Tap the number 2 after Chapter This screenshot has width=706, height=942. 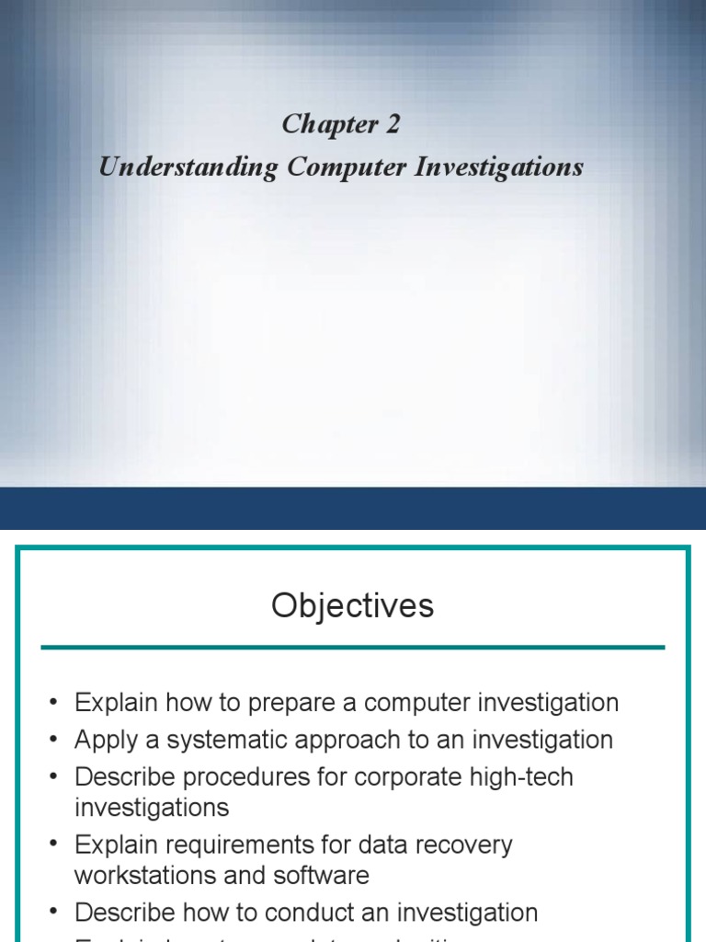coord(393,124)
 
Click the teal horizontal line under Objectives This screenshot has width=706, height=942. coord(353,648)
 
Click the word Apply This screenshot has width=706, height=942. coord(105,741)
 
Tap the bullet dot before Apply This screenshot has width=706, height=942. coord(53,741)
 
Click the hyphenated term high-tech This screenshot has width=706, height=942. coord(529,777)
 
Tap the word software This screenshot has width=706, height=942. coord(323,875)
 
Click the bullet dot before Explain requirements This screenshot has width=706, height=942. coord(53,845)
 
